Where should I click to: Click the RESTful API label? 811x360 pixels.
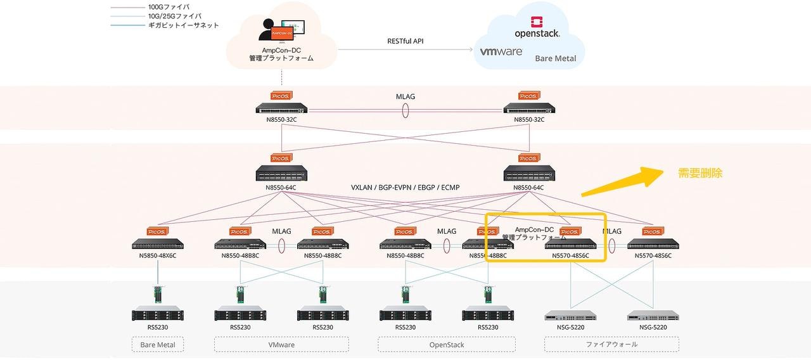[405, 41]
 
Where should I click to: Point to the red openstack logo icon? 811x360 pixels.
[536, 21]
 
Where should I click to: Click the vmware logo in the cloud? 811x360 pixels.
[501, 52]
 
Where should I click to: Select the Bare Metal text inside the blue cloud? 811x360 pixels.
[555, 58]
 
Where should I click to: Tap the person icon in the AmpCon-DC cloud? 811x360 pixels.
[267, 29]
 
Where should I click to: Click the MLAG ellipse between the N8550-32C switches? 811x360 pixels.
[405, 110]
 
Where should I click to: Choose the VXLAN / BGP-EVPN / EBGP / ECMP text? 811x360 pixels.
[405, 188]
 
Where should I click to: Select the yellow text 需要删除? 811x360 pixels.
[700, 173]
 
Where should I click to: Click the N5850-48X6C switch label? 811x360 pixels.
[157, 255]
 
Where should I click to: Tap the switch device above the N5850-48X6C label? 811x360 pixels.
[157, 244]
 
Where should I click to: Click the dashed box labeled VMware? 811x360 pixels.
[281, 345]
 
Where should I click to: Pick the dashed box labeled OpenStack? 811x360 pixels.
[446, 345]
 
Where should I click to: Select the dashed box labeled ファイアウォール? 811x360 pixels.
[611, 345]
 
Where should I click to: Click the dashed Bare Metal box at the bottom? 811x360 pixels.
[157, 345]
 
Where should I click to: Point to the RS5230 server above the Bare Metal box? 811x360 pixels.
[157, 314]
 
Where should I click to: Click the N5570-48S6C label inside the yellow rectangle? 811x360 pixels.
[570, 255]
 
